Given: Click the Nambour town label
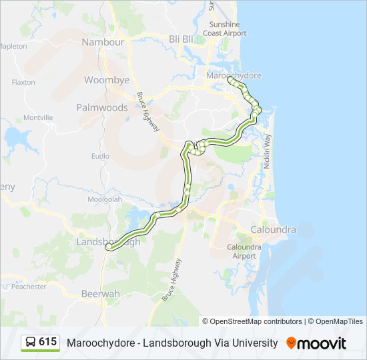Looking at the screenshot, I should point(103,42).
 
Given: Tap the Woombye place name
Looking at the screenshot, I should point(106,80).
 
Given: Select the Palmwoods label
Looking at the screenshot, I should point(102,107).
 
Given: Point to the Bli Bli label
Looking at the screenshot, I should point(181,39).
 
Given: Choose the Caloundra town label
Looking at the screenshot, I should point(273,229).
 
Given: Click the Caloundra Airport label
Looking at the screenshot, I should point(241,251).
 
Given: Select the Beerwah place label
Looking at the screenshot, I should point(100,293).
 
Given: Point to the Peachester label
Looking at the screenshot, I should point(29,287).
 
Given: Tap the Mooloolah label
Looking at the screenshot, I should point(103,199).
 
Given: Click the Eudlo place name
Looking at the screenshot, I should point(100,156).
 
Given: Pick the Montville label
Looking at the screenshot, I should point(38,117).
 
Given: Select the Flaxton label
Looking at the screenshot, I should point(23,82).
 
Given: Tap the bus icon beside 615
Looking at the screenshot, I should point(30,343).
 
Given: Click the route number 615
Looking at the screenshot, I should point(47,342).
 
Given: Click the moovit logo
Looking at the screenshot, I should point(316,343).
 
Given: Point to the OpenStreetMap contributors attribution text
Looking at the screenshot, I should point(256,321).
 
